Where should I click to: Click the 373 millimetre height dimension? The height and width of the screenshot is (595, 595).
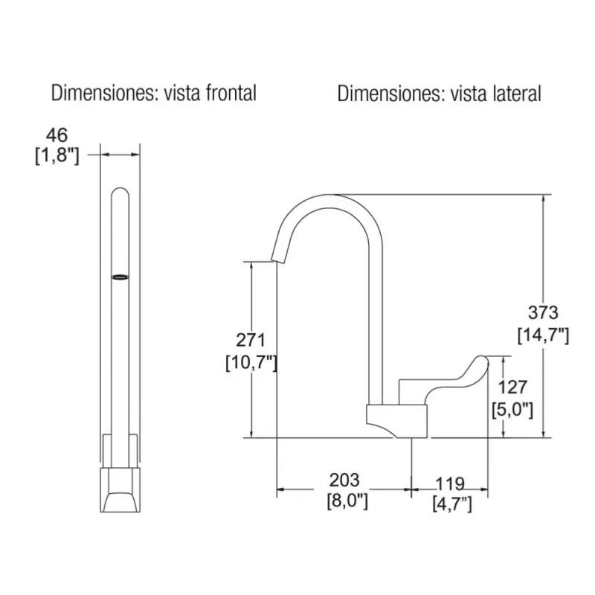pos(544,312)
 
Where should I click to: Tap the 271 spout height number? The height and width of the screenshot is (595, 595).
pos(251,340)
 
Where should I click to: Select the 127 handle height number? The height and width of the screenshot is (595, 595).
pos(512,387)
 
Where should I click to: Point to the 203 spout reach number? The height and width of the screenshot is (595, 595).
pos(344,480)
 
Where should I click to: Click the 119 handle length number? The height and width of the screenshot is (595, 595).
pos(450,484)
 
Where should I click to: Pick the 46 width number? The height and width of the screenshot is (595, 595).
pos(57,135)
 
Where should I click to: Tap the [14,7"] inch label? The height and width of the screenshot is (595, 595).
pos(544,335)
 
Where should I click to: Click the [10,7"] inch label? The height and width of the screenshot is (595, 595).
pos(251,363)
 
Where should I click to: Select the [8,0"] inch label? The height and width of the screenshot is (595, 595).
pos(347,501)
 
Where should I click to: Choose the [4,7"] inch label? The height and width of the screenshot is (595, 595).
pos(452,504)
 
